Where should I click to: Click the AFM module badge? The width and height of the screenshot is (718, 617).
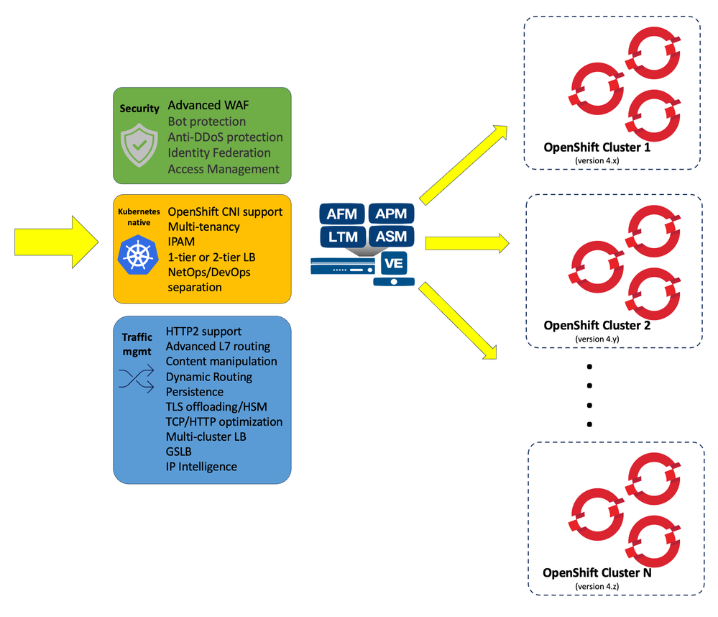341,214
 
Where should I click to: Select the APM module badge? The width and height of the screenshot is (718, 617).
391,214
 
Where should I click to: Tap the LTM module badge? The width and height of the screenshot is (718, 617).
341,236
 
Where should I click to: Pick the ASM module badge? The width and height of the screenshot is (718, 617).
391,236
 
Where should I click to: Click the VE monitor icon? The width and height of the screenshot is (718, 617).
394,266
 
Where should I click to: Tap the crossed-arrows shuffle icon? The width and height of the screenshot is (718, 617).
137,378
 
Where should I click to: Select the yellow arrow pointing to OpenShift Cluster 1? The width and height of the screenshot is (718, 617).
463,163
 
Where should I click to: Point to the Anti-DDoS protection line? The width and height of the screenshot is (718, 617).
225,137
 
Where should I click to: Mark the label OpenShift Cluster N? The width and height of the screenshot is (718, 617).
597,573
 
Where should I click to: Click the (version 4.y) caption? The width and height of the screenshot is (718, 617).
597,338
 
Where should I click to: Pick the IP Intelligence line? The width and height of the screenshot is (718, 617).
201,467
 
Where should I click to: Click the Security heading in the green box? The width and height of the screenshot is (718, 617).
139,109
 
